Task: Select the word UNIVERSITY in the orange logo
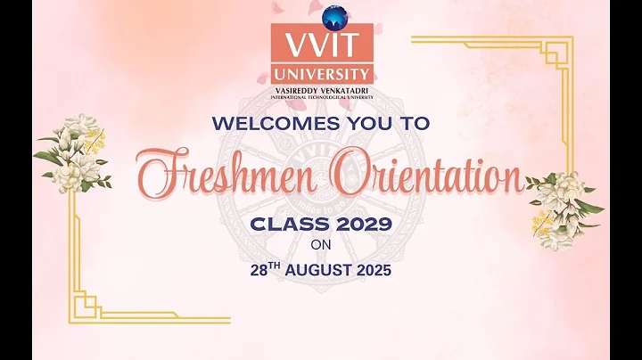coord(322,74)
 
